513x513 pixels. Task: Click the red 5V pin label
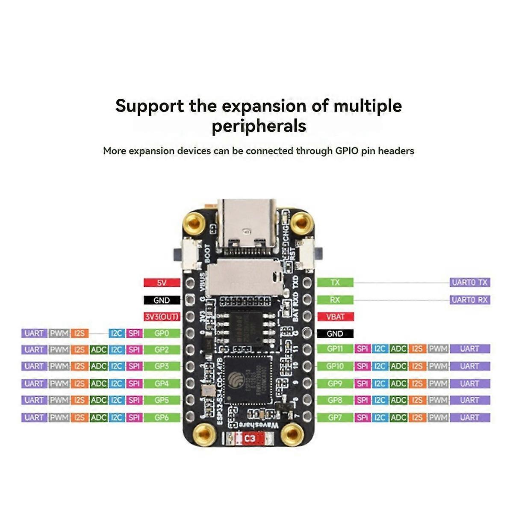pos(162,283)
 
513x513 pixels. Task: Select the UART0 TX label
pos(469,283)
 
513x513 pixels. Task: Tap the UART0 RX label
pos(469,300)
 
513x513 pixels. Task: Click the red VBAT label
pos(335,317)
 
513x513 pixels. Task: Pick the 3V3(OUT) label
pos(162,317)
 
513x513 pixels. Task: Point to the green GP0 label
pos(162,333)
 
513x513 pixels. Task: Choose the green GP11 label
pos(335,349)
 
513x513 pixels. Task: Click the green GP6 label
pos(162,418)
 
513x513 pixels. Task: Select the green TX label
pos(335,283)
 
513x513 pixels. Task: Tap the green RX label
pos(335,300)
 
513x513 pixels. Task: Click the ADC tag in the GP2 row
pos(98,350)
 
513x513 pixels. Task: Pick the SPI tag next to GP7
pos(362,418)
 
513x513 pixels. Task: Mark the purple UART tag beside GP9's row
pos(469,383)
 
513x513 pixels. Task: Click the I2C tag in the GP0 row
pos(117,333)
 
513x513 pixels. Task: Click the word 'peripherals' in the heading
pos(259,127)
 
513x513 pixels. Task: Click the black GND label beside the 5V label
pos(162,301)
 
